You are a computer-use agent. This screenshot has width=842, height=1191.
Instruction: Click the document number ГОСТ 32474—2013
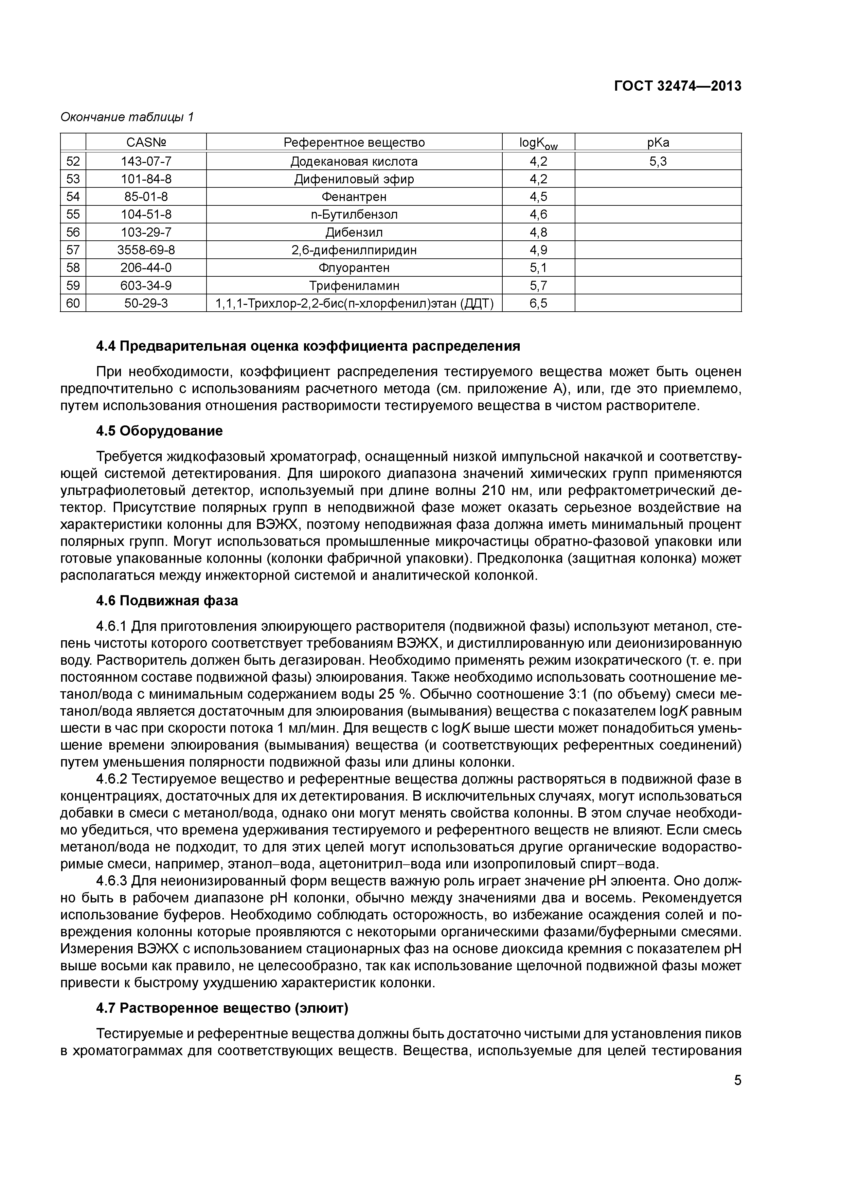pos(678,86)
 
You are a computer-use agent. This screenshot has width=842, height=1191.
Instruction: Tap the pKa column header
pos(658,143)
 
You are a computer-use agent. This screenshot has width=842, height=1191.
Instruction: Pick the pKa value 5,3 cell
pos(658,161)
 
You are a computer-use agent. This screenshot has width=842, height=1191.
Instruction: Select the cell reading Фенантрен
pos(354,197)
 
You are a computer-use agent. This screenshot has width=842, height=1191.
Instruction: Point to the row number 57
pos(73,250)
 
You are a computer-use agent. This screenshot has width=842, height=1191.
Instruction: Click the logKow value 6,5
pos(538,303)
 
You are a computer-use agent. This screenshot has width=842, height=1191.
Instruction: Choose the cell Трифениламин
pos(354,285)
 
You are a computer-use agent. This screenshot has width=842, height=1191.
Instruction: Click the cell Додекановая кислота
pos(354,161)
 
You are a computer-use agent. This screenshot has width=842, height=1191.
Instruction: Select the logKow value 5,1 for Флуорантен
pos(538,268)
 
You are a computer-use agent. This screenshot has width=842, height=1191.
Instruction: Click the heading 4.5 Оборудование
pos(159,430)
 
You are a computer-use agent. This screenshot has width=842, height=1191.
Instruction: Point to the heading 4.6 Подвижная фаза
pos(167,601)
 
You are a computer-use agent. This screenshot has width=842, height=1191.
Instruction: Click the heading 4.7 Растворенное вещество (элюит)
pos(222,1008)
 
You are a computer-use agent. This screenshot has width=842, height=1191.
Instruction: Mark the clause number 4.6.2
pos(112,779)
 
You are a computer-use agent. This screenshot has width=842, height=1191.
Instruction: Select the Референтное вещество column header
pos(354,143)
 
